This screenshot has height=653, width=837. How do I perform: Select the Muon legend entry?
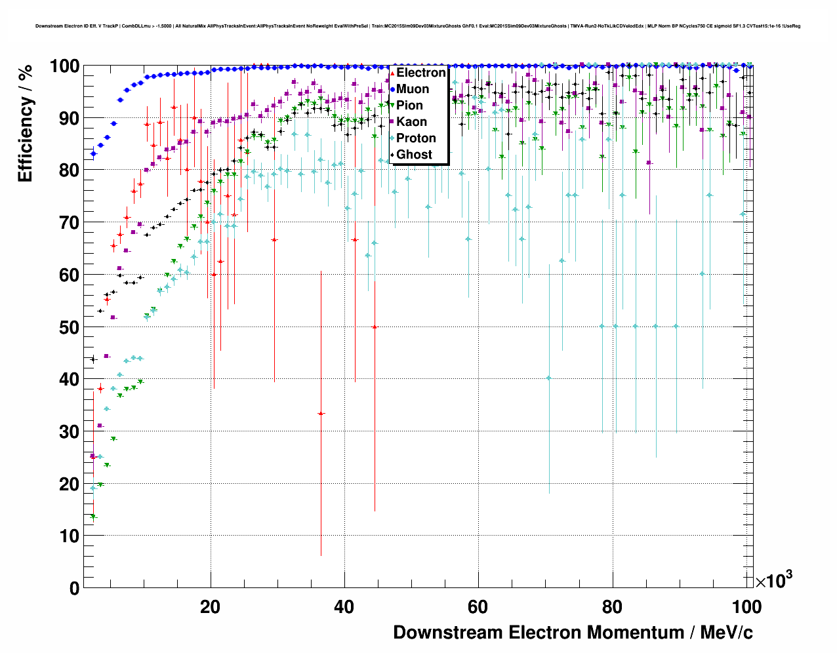coord(413,89)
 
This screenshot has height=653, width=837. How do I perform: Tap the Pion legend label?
coord(409,106)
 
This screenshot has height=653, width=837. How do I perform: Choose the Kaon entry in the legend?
coord(411,122)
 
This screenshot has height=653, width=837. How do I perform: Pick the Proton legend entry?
coord(416,138)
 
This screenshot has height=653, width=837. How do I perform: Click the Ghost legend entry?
coord(414,155)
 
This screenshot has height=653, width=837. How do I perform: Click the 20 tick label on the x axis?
coord(210,607)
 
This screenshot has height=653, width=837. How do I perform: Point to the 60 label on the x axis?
coord(478,607)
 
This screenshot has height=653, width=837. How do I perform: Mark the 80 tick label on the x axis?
coord(612,607)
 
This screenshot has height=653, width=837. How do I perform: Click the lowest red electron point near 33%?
coord(321,414)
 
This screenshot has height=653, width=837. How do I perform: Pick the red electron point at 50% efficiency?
coord(375,326)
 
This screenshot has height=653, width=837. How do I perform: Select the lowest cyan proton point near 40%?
coord(549,378)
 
